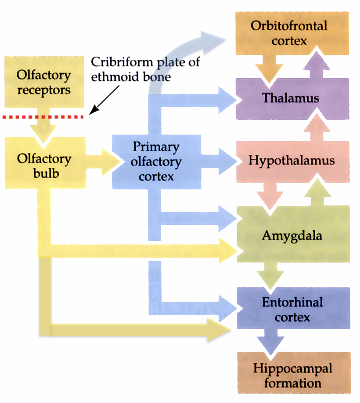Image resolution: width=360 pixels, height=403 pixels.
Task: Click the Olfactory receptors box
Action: pos(43,82)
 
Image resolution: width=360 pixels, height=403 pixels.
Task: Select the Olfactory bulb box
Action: pos(43,164)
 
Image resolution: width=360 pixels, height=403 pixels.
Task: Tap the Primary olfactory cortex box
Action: pos(157,161)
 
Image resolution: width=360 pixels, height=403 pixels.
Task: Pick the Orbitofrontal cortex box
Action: pos(288,33)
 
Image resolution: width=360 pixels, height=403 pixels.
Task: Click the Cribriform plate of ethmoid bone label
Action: pos(145,69)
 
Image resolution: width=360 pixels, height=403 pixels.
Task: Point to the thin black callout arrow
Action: pos(105,99)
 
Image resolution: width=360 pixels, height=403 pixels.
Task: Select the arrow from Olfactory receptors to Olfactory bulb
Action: pos(43,130)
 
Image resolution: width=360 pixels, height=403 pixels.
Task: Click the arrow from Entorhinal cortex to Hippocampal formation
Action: pos(273,341)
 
